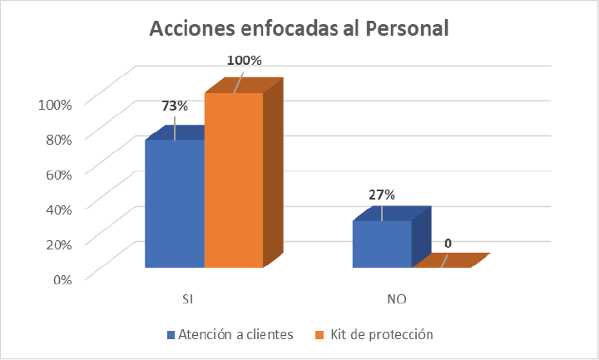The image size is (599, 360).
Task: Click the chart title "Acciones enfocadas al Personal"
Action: (299, 29)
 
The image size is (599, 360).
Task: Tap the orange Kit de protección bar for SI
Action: (234, 180)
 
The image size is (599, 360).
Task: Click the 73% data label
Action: (175, 106)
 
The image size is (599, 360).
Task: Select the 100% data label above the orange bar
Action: (245, 60)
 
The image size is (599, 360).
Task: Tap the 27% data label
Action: (381, 195)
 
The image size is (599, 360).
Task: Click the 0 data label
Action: (448, 244)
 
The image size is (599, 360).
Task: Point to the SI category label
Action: (189, 298)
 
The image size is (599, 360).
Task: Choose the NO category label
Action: (396, 298)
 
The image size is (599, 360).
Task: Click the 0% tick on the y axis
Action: (62, 279)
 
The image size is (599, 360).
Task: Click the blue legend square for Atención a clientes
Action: (171, 335)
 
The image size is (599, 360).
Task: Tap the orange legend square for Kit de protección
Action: (320, 335)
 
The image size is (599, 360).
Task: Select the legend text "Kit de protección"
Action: (382, 335)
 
